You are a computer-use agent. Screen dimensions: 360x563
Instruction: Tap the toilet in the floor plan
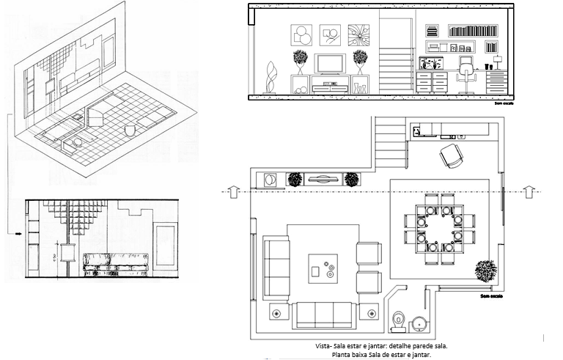coord(398,319)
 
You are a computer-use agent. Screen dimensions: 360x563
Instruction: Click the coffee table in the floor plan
coord(323,268)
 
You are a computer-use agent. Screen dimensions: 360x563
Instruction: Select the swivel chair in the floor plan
coord(452,155)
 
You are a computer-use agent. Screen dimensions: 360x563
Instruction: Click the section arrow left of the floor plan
coord(232,191)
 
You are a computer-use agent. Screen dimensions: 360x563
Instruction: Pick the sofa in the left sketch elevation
coord(116,261)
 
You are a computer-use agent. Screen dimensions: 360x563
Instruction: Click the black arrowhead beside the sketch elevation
coord(17,235)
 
